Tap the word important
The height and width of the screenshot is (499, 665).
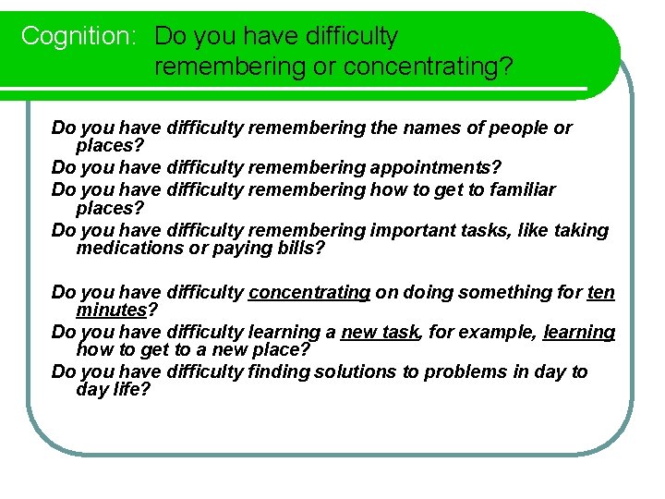click(416, 230)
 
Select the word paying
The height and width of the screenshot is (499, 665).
click(249, 248)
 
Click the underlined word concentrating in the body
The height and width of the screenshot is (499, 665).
click(309, 292)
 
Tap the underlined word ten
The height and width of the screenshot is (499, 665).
click(600, 292)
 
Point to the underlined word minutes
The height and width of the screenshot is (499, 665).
click(113, 310)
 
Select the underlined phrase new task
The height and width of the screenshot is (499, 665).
click(380, 332)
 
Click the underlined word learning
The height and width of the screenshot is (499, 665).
click(579, 332)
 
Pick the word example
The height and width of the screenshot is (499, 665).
click(497, 332)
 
